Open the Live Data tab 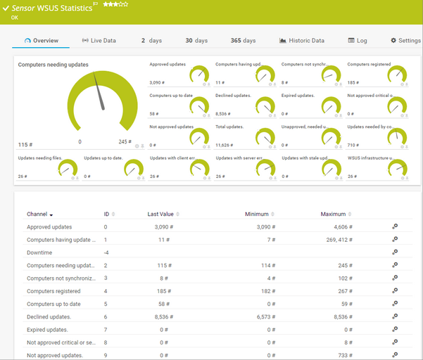click(x=99, y=41)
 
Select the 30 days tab click(x=196, y=41)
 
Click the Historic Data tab click(x=302, y=41)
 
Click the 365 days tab click(x=243, y=41)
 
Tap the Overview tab click(x=41, y=41)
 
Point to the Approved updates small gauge click(x=200, y=75)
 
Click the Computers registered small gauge click(x=398, y=75)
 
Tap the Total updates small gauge click(x=266, y=136)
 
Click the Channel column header click(x=40, y=214)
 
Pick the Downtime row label click(x=39, y=252)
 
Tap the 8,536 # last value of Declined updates click(x=164, y=316)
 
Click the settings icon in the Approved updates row click(x=395, y=227)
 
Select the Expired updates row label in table click(x=47, y=329)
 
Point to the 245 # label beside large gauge click(x=125, y=141)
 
